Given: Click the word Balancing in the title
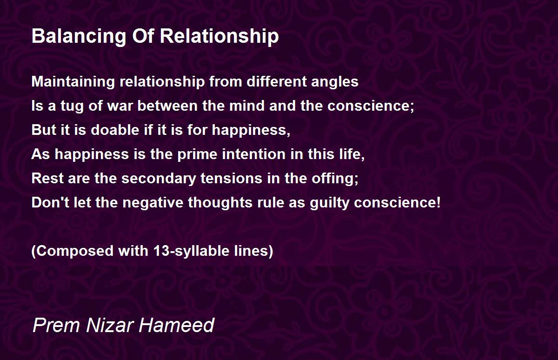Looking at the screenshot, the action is point(79,37).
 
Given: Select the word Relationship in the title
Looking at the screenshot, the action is point(219,37).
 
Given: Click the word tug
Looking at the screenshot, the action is point(72,107).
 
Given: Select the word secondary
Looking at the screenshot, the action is point(159,179).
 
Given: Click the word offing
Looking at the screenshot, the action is point(335,179).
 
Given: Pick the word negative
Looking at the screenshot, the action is point(153,202).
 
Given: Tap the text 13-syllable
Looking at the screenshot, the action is point(192,251).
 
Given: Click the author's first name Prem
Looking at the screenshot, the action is point(56,325).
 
